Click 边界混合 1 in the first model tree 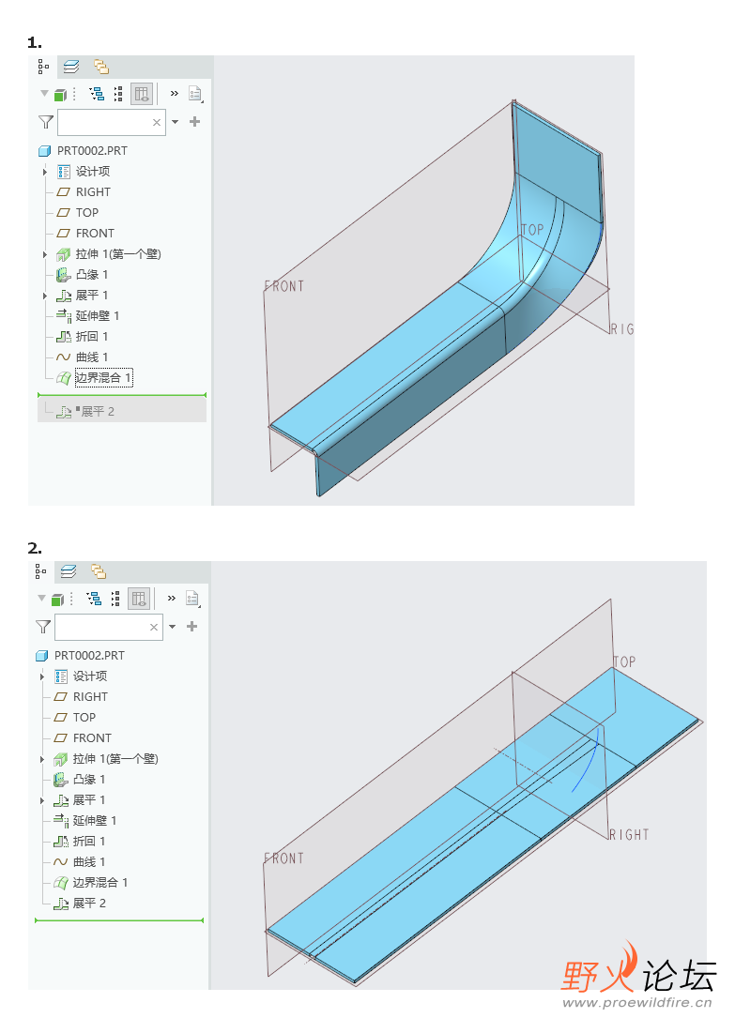coord(104,378)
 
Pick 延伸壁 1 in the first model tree coord(98,315)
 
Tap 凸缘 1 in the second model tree coord(89,779)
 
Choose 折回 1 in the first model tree coord(92,336)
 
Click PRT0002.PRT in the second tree coord(89,656)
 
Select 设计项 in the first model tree coord(93,172)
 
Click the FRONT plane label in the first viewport coord(284,286)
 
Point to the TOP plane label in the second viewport coord(624,661)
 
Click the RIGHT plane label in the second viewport coord(629,834)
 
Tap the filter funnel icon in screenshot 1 coord(45,122)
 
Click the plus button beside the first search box coord(195,121)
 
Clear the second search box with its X coord(154,627)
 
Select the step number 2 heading coord(35,549)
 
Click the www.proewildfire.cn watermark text coord(636,1002)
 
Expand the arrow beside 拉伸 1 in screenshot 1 coord(45,254)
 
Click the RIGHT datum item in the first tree coord(93,192)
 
